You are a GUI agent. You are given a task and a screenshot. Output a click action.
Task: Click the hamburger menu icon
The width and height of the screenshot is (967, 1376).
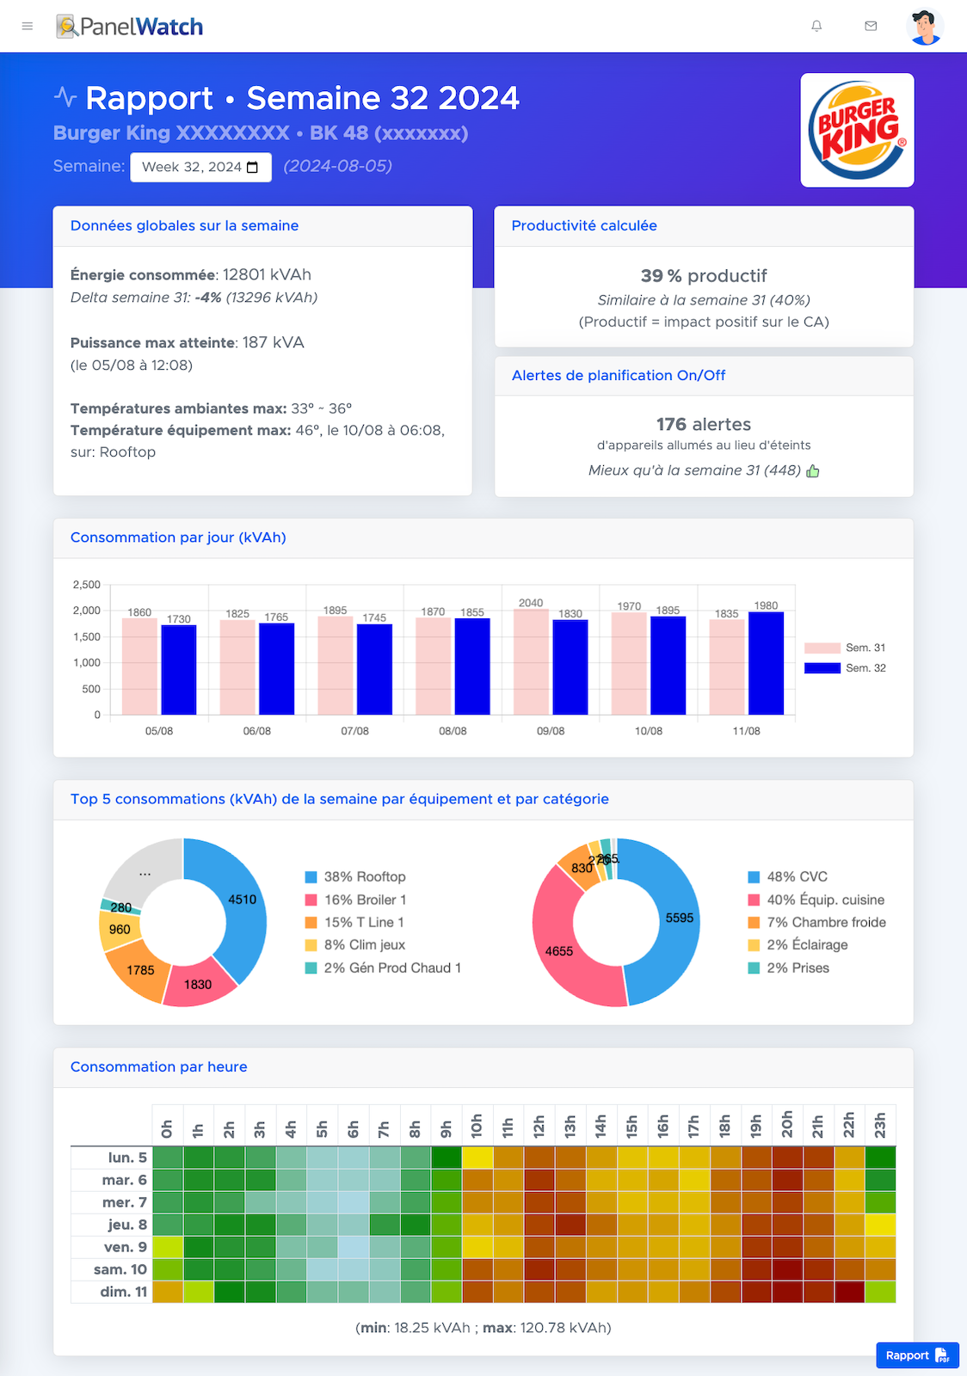pos(28,27)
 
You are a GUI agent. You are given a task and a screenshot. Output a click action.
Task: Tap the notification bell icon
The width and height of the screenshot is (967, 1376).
pos(816,27)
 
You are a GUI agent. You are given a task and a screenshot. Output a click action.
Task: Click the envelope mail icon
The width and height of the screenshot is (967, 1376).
pos(871,27)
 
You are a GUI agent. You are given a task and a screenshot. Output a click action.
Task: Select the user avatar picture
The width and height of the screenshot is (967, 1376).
pos(925,27)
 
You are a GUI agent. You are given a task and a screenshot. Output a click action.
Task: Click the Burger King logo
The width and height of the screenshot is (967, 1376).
pos(857,130)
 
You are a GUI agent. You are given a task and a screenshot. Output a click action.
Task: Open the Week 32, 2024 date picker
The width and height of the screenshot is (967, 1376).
pos(200,167)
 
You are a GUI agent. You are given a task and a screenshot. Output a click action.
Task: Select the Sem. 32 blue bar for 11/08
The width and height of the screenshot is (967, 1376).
pos(766,663)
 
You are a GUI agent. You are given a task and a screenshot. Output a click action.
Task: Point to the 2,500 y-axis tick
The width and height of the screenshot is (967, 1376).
pos(87,585)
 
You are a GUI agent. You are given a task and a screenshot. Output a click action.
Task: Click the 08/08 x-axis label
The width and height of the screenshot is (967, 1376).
pos(453,731)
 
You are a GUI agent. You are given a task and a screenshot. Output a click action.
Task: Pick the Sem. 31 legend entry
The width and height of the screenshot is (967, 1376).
pos(845,648)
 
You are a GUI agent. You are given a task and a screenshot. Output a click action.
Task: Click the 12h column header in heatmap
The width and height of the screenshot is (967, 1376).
pos(539,1126)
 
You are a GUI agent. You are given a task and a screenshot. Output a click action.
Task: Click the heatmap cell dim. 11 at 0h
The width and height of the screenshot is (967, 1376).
pos(168,1292)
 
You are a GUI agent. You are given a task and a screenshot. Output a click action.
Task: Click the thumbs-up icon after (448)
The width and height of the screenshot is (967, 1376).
pos(813,471)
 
